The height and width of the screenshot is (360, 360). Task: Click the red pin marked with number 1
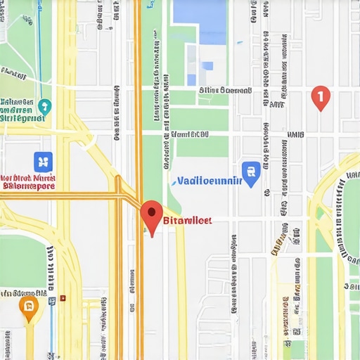click(x=320, y=97)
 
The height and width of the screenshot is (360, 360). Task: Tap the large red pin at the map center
click(x=151, y=215)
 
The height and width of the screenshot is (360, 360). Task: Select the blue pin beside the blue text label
click(x=250, y=171)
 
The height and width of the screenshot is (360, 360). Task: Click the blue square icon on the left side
click(x=43, y=161)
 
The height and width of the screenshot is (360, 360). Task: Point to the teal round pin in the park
click(x=45, y=107)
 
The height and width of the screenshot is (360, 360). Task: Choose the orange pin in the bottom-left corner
click(x=28, y=306)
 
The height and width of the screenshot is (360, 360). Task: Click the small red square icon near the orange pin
click(x=63, y=298)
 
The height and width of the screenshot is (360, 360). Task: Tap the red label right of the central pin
click(x=186, y=220)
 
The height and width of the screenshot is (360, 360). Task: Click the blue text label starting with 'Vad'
click(x=209, y=181)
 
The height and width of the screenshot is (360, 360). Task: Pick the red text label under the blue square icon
click(x=27, y=183)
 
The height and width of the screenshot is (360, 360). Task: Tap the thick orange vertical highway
click(x=139, y=105)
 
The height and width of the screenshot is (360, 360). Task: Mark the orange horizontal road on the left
click(x=56, y=198)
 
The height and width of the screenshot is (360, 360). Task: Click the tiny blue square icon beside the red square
click(x=51, y=300)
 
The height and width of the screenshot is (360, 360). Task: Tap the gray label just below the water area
click(x=225, y=90)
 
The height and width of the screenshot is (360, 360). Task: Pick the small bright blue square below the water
click(x=207, y=65)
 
